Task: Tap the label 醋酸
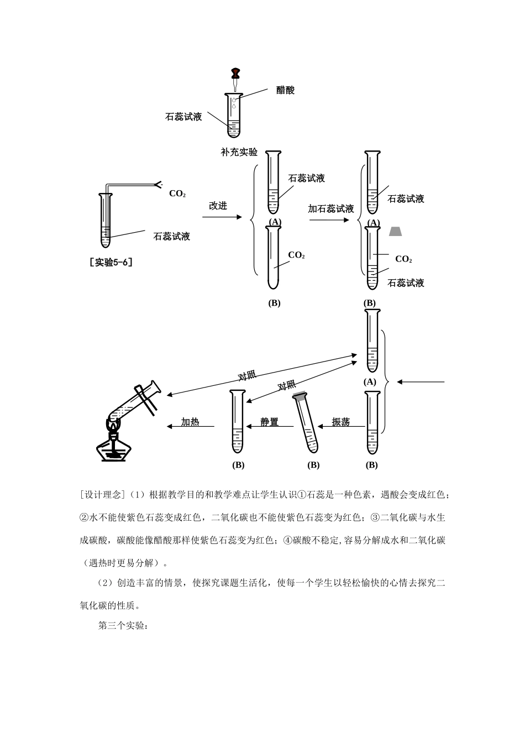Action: pyautogui.click(x=285, y=90)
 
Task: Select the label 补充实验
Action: pyautogui.click(x=239, y=152)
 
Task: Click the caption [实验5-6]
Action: pyautogui.click(x=111, y=262)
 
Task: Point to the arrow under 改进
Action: pyautogui.click(x=222, y=217)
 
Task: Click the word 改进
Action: pyautogui.click(x=218, y=206)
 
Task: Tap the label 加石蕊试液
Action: pyautogui.click(x=331, y=209)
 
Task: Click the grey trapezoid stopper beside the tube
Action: pyautogui.click(x=395, y=231)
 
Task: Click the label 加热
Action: pyautogui.click(x=190, y=422)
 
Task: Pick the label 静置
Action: pyautogui.click(x=270, y=422)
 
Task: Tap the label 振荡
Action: pyautogui.click(x=341, y=422)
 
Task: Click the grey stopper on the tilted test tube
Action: pyautogui.click(x=300, y=396)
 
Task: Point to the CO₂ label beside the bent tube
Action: pyautogui.click(x=177, y=193)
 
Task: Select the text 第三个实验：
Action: pyautogui.click(x=123, y=625)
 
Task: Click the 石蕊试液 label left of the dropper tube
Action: pyautogui.click(x=183, y=117)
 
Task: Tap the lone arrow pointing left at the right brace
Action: pyautogui.click(x=421, y=382)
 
